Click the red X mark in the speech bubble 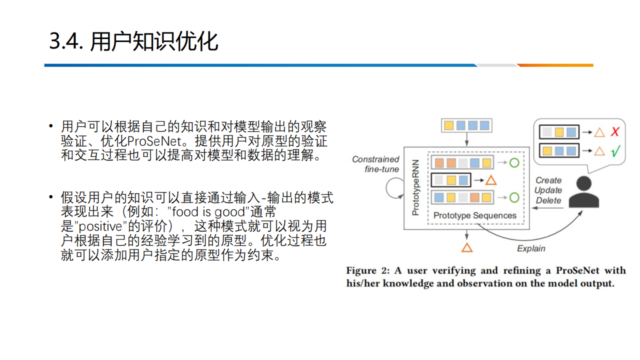[x=615, y=132]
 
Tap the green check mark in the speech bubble [x=615, y=150]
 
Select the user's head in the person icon [x=584, y=183]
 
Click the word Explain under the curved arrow [x=531, y=248]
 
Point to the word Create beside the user [x=548, y=180]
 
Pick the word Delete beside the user [x=548, y=200]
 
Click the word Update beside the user [x=548, y=190]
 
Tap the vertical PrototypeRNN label [x=415, y=187]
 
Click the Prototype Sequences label [x=475, y=215]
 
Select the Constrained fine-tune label [x=376, y=164]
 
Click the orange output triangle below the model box [x=467, y=247]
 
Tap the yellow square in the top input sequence [x=449, y=125]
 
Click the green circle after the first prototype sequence [x=514, y=162]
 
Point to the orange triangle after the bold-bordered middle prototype [x=491, y=180]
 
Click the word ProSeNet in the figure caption [x=577, y=270]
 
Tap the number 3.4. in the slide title [x=66, y=41]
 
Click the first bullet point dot [x=51, y=125]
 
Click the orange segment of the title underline [x=555, y=65]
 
